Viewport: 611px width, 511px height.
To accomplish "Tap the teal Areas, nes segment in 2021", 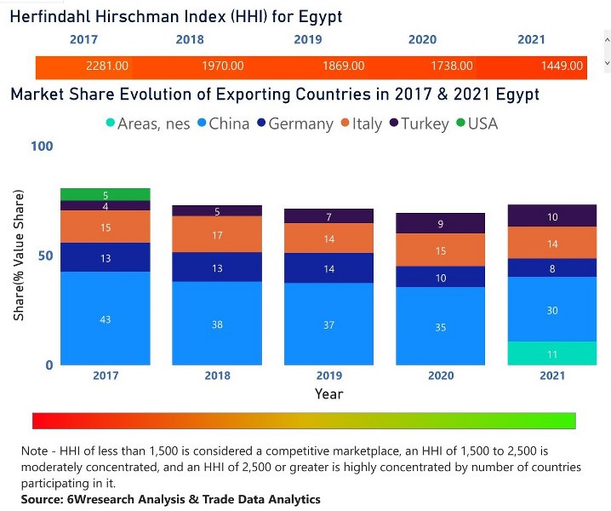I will click(552, 353).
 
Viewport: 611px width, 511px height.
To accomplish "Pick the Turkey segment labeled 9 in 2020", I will click(441, 224).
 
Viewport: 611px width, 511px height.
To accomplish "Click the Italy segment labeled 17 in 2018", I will click(216, 234).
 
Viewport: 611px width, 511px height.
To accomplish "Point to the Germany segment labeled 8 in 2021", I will click(552, 267).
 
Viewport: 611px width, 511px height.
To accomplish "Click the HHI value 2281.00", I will click(107, 66).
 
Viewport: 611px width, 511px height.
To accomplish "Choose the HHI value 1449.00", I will click(562, 66).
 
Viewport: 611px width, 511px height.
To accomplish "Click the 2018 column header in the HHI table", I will click(190, 40).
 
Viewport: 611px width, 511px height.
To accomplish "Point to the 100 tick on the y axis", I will click(42, 146).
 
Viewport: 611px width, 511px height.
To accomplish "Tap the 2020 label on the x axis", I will click(441, 376).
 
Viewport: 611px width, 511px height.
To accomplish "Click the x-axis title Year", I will click(328, 393).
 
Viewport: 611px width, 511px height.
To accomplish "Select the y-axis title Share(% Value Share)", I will click(19, 255).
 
